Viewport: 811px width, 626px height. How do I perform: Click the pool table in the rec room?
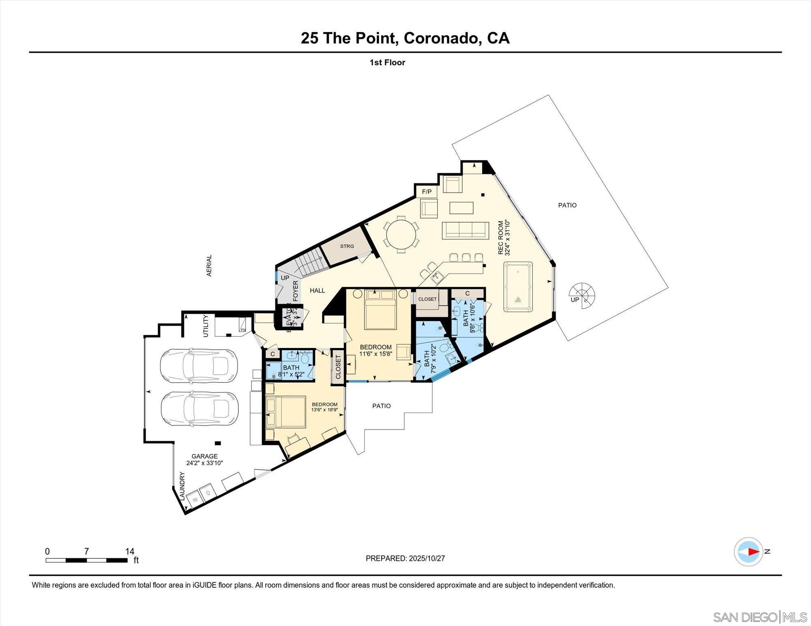point(518,286)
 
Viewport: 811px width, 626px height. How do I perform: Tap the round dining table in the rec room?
point(401,234)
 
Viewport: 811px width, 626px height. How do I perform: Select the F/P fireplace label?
point(427,192)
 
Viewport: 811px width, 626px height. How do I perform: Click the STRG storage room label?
point(347,246)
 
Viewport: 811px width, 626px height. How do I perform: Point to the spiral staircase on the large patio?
point(581,295)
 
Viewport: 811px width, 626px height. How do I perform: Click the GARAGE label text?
point(204,456)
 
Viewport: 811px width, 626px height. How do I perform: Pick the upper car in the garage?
point(199,365)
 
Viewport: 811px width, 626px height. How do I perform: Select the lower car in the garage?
point(199,409)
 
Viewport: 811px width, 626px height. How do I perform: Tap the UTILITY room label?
point(206,326)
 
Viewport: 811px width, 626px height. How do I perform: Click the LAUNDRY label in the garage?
point(182,486)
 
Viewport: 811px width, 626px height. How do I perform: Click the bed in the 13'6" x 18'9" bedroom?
point(285,412)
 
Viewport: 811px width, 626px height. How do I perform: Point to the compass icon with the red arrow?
point(748,552)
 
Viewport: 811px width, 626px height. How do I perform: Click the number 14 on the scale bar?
point(129,551)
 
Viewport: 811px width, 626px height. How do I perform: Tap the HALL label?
point(317,291)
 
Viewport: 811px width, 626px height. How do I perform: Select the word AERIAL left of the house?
point(209,266)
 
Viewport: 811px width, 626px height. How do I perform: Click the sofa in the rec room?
point(465,230)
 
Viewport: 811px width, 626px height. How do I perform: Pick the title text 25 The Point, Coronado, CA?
point(405,38)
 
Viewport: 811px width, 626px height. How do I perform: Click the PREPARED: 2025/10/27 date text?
point(405,558)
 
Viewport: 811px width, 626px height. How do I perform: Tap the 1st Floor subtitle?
point(387,62)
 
